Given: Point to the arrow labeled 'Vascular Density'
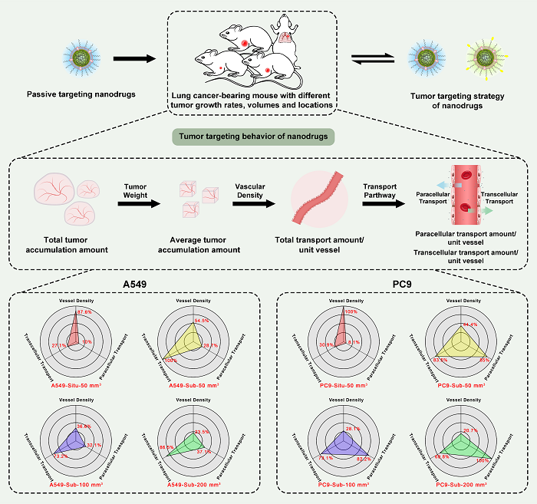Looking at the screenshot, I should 256,204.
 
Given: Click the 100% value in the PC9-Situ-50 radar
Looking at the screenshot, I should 352,311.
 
